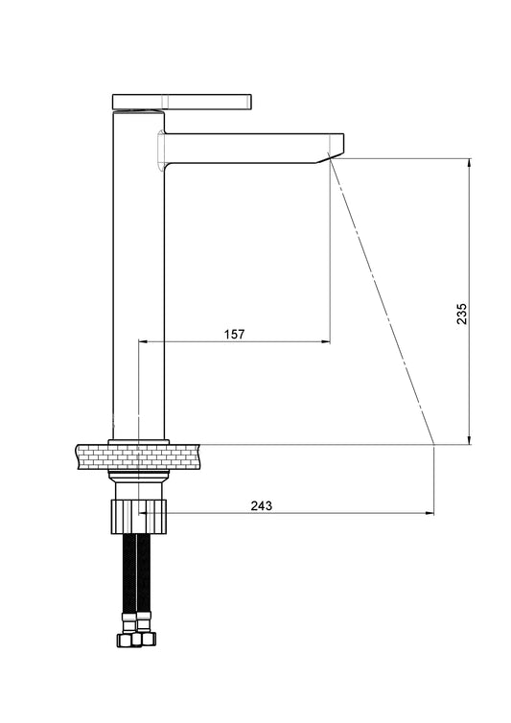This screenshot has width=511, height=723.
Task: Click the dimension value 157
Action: click(234, 334)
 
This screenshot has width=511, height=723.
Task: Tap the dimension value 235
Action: click(462, 314)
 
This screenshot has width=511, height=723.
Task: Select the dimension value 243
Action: click(262, 505)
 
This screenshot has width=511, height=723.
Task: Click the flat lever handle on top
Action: click(182, 102)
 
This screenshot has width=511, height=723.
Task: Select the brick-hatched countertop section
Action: click(138, 457)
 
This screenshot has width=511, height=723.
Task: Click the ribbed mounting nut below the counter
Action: click(138, 517)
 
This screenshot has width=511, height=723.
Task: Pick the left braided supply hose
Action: click(129, 573)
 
